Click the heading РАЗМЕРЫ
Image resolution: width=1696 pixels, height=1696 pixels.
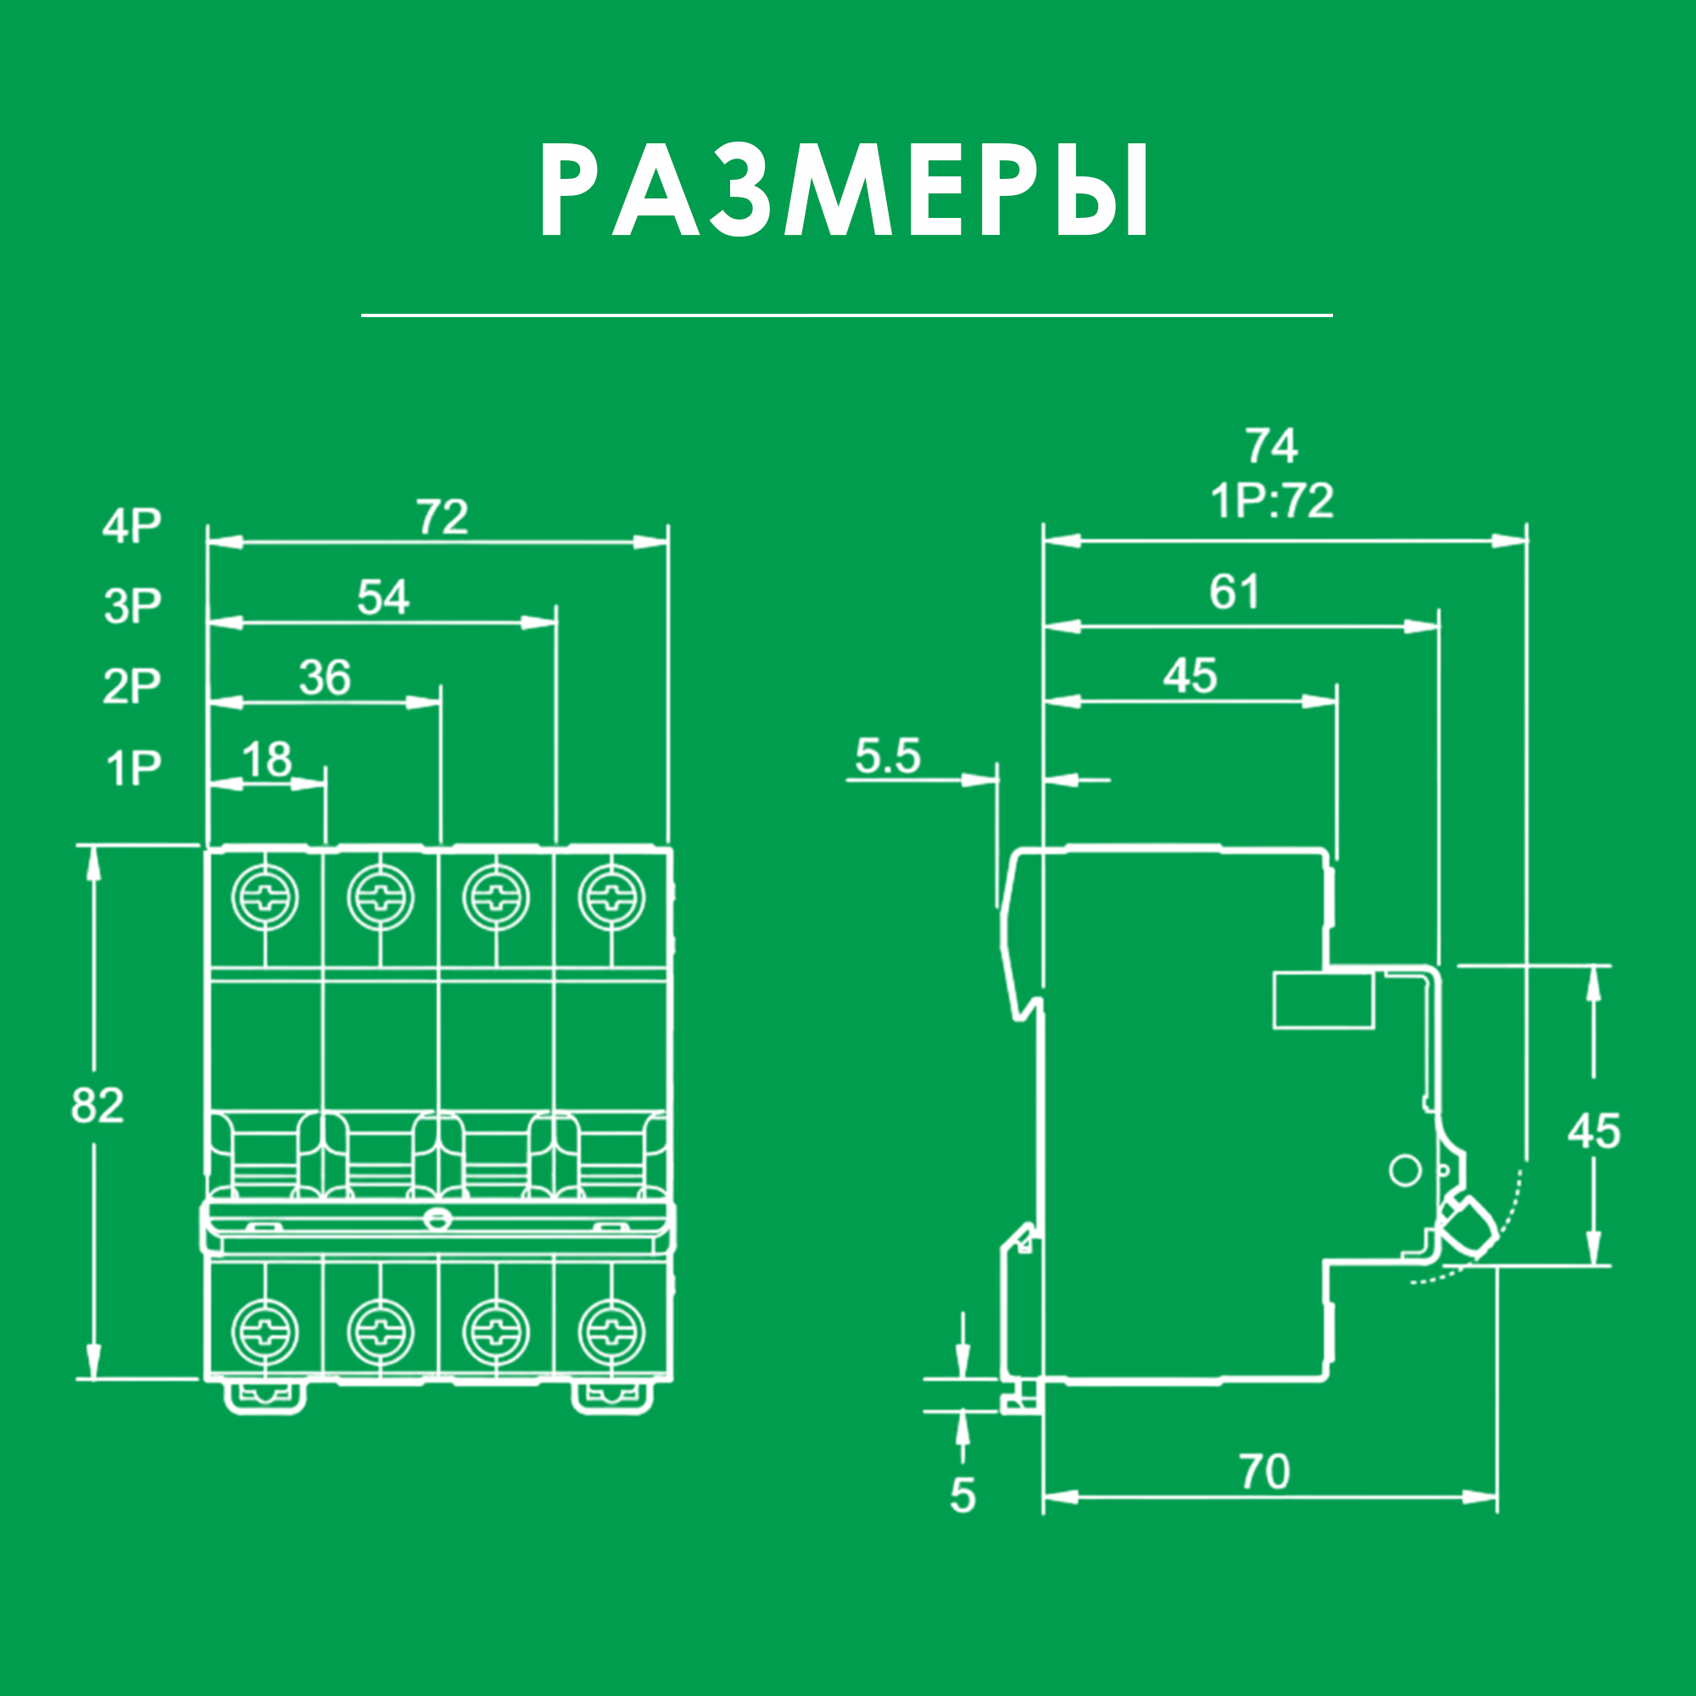pyautogui.click(x=845, y=191)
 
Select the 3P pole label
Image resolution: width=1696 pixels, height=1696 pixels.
pyautogui.click(x=132, y=605)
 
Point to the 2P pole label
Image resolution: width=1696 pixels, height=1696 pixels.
pyautogui.click(x=132, y=685)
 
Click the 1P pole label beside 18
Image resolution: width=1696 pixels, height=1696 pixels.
pyautogui.click(x=133, y=768)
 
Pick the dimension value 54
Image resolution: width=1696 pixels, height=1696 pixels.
pyautogui.click(x=383, y=598)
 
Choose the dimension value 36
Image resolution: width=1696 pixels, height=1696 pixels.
pyautogui.click(x=325, y=678)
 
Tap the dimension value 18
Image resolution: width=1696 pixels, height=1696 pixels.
pyautogui.click(x=267, y=759)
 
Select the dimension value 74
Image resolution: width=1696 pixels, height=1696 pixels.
pyautogui.click(x=1271, y=446)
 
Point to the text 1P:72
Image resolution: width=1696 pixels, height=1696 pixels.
pyautogui.click(x=1272, y=501)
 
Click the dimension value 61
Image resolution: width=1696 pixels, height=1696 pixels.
pyautogui.click(x=1234, y=593)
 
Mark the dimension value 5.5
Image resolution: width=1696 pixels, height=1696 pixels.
pyautogui.click(x=888, y=756)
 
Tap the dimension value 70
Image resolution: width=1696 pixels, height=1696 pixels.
pyautogui.click(x=1265, y=1472)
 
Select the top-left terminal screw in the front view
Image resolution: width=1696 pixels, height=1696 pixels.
pyautogui.click(x=265, y=898)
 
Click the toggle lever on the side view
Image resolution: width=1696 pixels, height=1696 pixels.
pyautogui.click(x=1468, y=1227)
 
